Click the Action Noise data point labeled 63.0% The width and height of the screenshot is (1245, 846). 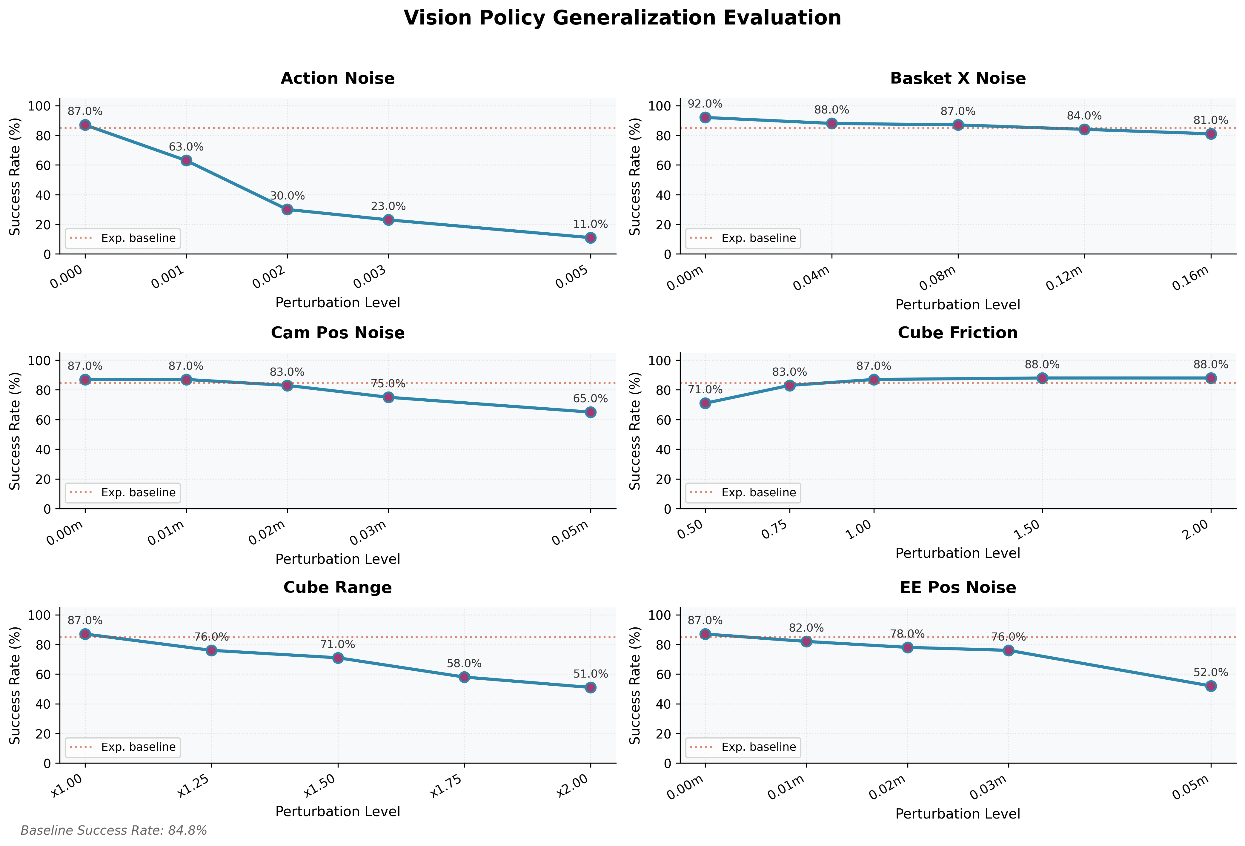click(186, 160)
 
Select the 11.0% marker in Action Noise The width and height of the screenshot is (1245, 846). click(590, 237)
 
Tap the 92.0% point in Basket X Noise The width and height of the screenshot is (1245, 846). click(705, 117)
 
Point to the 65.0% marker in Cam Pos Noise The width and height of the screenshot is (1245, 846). click(590, 412)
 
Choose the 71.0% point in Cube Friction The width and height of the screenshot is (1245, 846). click(705, 403)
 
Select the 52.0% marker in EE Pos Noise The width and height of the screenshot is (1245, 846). click(1211, 686)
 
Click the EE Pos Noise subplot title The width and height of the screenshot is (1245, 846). click(958, 587)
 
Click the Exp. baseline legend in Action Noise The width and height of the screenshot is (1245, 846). click(123, 238)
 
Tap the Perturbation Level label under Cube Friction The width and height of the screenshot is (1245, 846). click(958, 553)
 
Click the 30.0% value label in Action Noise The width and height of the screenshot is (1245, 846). click(287, 196)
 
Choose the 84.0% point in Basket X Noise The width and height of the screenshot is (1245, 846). click(1084, 129)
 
